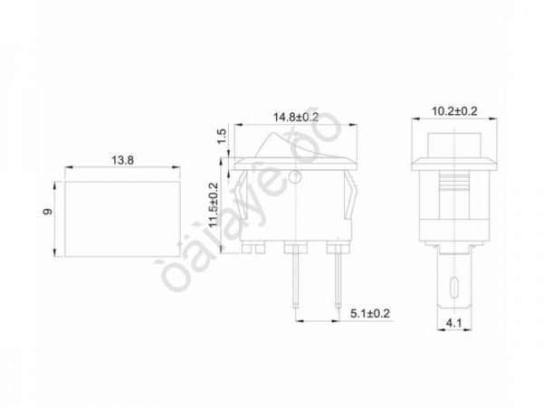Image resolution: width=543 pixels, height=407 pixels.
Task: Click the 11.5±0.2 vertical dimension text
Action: pyautogui.click(x=214, y=207)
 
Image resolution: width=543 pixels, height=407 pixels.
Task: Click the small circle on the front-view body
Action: pyautogui.click(x=296, y=176)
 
